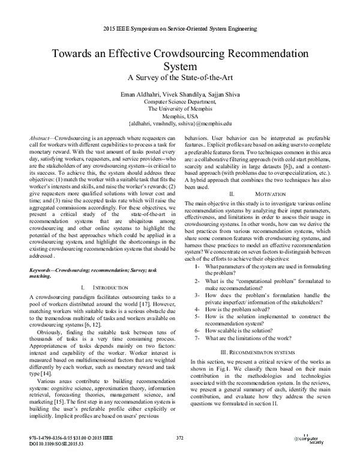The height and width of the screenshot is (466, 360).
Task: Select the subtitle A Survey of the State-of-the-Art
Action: pyautogui.click(x=180, y=76)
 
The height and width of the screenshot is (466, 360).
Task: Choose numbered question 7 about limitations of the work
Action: pyautogui.click(x=247, y=337)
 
